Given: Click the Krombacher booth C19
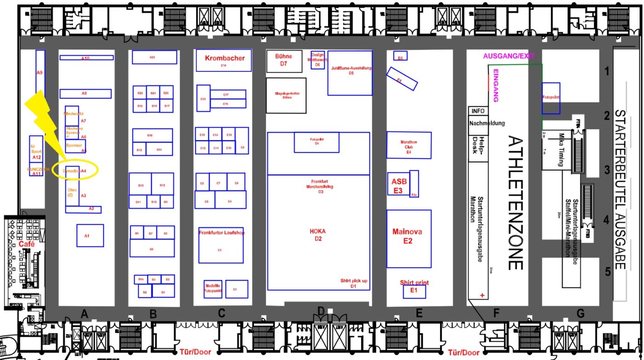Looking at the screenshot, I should click(224, 60).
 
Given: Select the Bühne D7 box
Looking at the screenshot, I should click(284, 61).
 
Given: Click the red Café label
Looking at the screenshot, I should click(27, 244).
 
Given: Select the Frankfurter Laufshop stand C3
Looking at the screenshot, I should click(221, 245).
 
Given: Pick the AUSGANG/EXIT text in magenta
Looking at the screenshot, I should click(509, 56).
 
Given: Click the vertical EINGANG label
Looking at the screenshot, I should click(496, 86).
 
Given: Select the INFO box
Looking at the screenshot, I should click(477, 111).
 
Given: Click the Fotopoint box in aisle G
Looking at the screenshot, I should click(551, 98).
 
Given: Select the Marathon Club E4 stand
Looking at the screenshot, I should click(408, 145).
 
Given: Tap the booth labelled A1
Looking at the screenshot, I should click(90, 235).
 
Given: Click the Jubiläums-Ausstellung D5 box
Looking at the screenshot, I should click(351, 73).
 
